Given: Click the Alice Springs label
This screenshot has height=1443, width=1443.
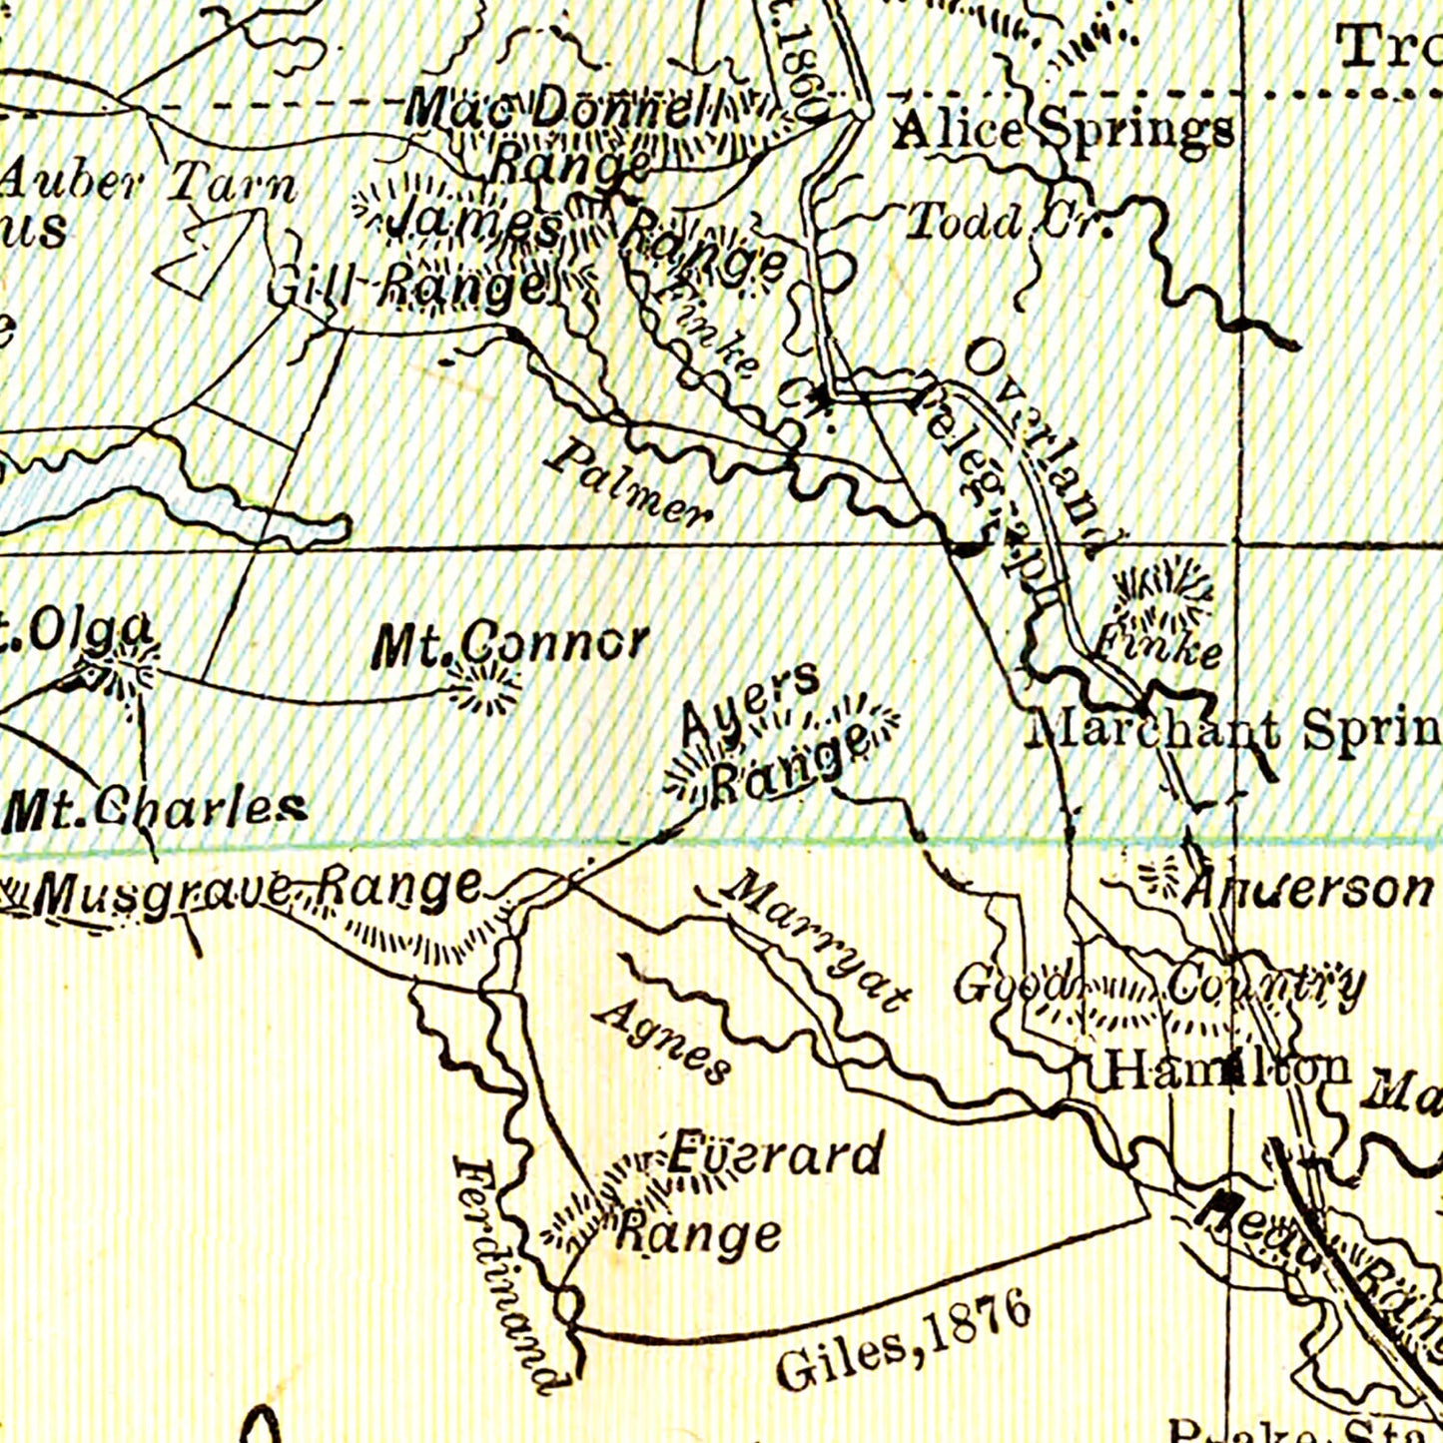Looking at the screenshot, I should pos(1062,132).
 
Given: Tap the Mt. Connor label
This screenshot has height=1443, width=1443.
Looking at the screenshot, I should pos(509,644).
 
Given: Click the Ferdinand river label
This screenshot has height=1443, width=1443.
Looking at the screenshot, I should pos(507,1274).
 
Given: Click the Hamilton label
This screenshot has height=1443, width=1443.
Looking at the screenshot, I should pos(1226,1071).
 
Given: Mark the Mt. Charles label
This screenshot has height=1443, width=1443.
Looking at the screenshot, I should pos(154,810).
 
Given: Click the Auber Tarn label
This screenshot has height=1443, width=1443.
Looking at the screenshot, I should pos(150,186).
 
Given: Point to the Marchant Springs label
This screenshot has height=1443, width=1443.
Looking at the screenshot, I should pos(1234,731).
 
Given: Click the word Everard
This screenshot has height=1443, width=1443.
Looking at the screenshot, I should pos(775,1155).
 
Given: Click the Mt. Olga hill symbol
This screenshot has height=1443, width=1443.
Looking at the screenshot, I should pos(125,671).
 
